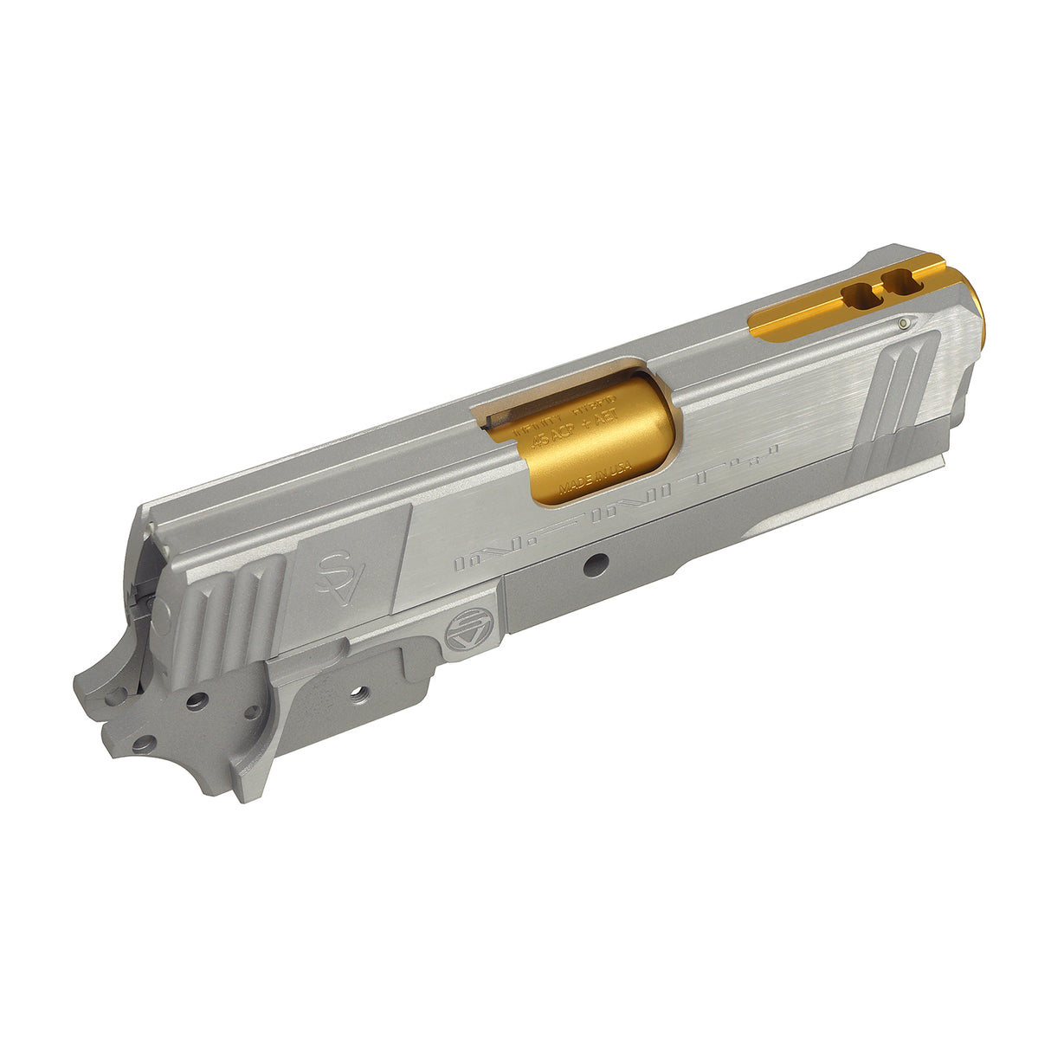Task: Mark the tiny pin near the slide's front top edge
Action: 905,323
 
